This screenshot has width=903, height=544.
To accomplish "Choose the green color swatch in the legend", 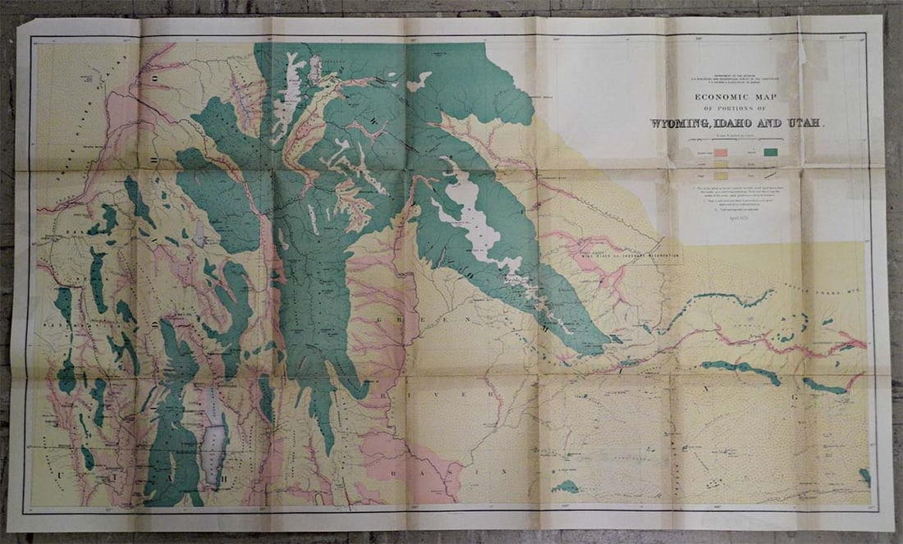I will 771,152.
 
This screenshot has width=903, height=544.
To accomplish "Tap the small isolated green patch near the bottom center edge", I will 565,487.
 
